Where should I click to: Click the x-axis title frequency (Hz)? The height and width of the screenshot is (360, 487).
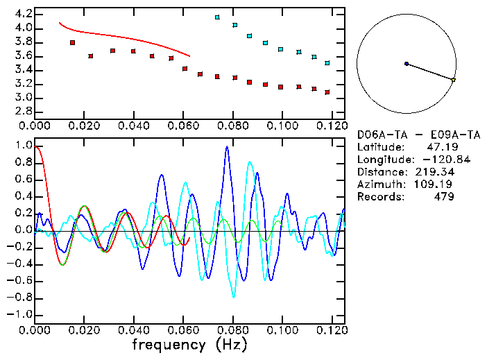point(189,345)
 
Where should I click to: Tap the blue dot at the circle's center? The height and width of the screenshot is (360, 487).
point(407,64)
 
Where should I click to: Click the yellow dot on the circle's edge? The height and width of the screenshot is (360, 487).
point(453,80)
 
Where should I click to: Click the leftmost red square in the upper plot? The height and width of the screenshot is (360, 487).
point(72,43)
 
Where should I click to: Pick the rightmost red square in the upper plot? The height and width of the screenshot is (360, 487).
point(327,92)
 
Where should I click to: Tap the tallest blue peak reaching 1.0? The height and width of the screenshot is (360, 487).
point(226,148)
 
